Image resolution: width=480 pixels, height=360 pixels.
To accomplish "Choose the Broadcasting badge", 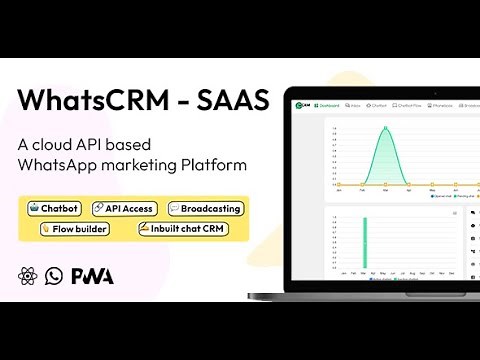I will [x=205, y=208].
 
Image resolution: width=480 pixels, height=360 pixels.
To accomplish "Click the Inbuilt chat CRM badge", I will [x=183, y=229].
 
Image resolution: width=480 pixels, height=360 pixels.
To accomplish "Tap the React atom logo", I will [x=27, y=276].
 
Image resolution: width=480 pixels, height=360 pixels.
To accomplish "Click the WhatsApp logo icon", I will [x=53, y=276].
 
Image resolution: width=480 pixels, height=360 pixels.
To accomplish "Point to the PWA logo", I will [x=91, y=276].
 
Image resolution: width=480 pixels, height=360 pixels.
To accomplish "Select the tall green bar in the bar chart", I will [x=364, y=243].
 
